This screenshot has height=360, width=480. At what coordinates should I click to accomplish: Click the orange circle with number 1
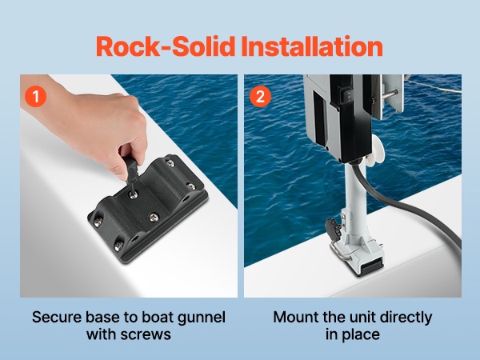coord(36,97)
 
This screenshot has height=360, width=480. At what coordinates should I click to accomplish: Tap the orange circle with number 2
coord(260,97)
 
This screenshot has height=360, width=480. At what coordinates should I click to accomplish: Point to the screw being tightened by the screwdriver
coord(134,194)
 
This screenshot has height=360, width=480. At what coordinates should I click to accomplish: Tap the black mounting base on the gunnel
coord(147,209)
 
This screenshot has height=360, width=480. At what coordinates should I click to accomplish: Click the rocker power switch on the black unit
coord(348,94)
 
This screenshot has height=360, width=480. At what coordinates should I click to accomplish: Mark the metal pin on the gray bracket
coord(389,93)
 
